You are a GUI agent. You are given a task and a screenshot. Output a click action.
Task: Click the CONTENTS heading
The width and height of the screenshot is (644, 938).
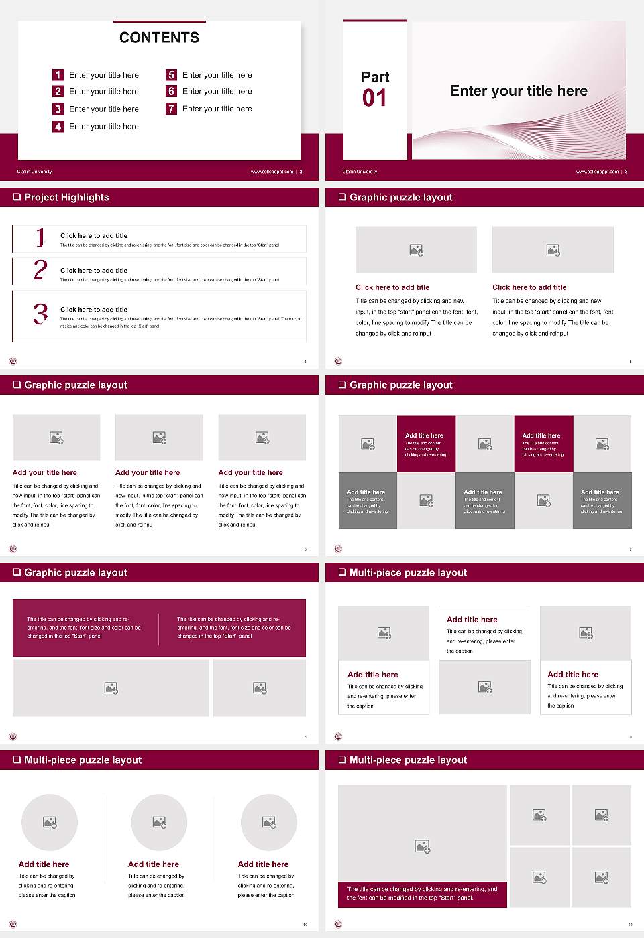tap(159, 38)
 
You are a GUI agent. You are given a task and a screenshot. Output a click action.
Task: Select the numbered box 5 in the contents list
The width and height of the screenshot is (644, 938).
tap(171, 75)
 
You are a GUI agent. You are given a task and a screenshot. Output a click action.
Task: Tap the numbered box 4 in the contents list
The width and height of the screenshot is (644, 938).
tap(58, 126)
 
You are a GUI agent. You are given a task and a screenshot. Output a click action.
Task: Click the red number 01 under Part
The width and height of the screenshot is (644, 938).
tap(374, 98)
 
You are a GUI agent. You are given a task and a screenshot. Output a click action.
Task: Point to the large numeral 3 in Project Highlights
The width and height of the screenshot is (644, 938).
tap(41, 314)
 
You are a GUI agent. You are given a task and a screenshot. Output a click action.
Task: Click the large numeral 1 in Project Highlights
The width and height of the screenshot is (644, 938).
tap(40, 237)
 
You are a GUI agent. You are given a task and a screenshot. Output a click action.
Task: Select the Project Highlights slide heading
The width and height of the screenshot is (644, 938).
tap(66, 198)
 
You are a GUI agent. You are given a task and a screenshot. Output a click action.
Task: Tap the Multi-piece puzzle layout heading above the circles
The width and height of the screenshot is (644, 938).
tap(83, 760)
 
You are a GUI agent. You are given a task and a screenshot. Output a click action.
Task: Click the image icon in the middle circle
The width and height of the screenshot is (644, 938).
tap(159, 822)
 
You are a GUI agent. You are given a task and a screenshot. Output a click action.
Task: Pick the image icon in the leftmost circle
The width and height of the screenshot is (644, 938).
tap(50, 822)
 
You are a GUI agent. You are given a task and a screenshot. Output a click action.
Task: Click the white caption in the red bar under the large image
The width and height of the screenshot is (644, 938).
tap(422, 893)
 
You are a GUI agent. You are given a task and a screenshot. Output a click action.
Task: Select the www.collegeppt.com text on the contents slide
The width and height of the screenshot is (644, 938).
tap(272, 172)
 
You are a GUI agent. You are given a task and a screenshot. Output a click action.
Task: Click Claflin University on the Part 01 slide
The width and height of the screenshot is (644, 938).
tap(360, 172)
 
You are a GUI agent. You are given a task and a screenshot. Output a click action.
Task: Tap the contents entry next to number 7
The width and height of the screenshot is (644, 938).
tap(217, 109)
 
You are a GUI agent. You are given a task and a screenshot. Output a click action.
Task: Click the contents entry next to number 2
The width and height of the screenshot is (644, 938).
tap(104, 92)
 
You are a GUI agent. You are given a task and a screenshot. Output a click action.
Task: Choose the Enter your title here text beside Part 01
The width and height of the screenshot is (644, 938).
tap(519, 91)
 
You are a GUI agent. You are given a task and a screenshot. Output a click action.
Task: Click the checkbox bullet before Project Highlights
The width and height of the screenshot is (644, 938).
tap(17, 198)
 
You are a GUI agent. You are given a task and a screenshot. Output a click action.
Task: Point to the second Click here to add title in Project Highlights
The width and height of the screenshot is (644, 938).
tap(94, 271)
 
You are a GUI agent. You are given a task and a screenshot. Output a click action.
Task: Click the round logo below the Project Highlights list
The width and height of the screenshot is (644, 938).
tap(13, 361)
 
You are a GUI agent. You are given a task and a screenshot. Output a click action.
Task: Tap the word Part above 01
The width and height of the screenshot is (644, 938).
tap(375, 77)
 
